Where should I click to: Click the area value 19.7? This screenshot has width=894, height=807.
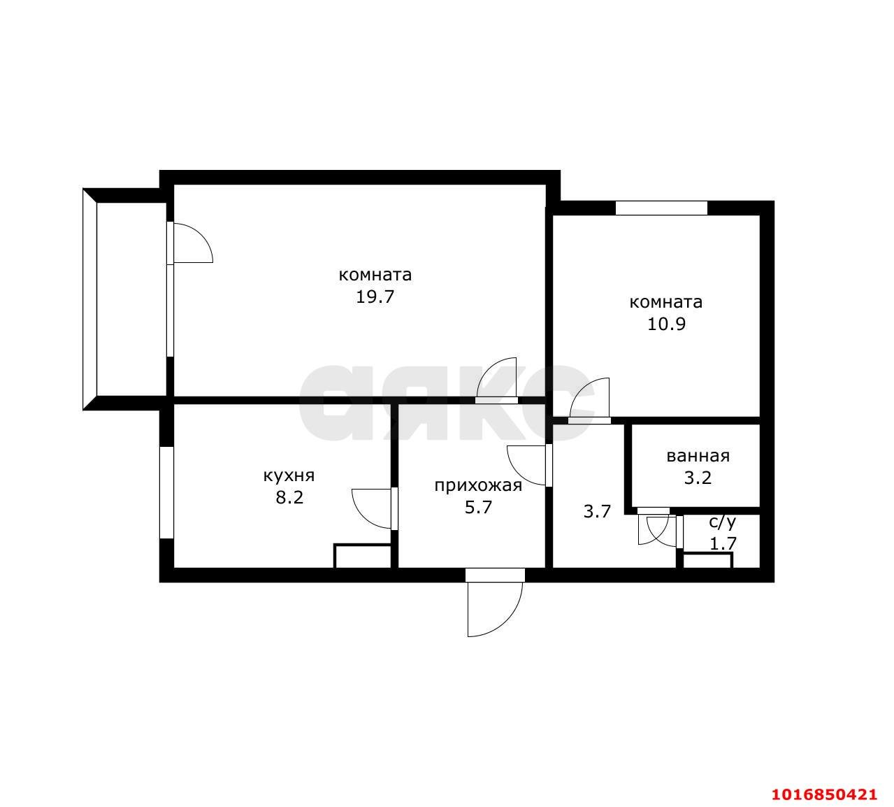(x=375, y=297)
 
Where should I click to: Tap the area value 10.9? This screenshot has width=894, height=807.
(x=666, y=324)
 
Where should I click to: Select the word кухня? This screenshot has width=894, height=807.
(x=289, y=476)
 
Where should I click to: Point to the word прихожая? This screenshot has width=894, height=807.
(x=478, y=485)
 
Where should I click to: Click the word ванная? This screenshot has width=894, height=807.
(x=698, y=456)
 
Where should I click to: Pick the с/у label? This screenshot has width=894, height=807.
(x=723, y=522)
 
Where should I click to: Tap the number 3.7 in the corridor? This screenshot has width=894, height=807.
(x=597, y=511)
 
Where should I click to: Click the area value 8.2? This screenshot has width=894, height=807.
(x=289, y=497)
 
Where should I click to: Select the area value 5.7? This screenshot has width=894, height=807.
(x=478, y=508)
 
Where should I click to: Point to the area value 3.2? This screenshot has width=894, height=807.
(x=698, y=478)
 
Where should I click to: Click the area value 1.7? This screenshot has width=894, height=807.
(x=723, y=543)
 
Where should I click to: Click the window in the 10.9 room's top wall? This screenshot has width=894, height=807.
(x=661, y=208)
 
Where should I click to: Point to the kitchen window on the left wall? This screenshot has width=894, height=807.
(x=166, y=492)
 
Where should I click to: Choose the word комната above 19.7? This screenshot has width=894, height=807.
(x=375, y=275)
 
